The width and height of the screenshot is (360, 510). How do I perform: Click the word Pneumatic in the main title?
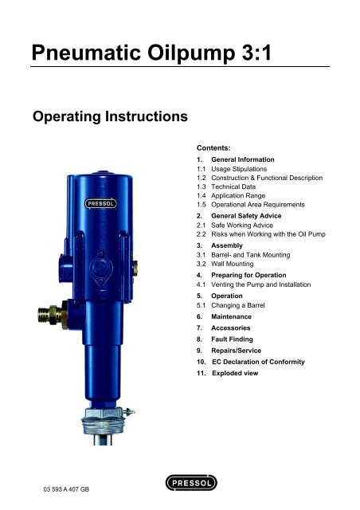coord(86,53)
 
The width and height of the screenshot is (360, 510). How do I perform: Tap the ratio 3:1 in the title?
coord(256,53)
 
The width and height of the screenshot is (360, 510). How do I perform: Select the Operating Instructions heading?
coord(110,116)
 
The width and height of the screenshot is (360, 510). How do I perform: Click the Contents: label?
coord(213,148)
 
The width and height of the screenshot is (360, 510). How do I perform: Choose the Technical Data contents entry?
coord(233,186)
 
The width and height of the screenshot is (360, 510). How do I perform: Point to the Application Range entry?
coord(238,196)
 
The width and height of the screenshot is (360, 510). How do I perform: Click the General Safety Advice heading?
coord(246,216)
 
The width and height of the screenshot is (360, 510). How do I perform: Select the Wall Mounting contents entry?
coord(233,264)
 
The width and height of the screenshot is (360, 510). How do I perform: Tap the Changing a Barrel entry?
coord(237,305)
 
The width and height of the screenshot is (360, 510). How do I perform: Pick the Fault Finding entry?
coord(232,339)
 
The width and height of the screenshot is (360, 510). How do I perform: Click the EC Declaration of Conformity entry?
coord(258,362)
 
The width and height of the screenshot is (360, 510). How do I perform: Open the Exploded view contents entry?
coord(235,373)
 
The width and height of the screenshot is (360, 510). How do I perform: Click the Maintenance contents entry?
coord(231,316)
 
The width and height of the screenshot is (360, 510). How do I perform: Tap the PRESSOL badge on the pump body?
coord(101,204)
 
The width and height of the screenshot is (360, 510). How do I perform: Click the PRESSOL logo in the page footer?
coord(191,483)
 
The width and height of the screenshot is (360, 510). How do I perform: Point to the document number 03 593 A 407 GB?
coord(66,489)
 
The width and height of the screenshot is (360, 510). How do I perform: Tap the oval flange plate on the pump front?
coord(101,269)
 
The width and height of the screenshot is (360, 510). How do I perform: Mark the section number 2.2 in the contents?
coord(201,234)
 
